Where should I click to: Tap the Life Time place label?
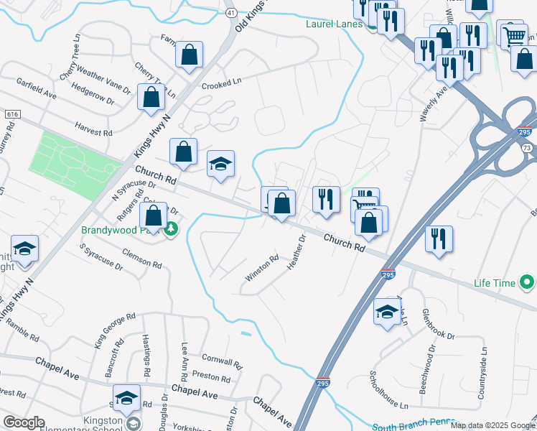point(494,284)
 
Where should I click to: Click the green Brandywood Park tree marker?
point(170,230)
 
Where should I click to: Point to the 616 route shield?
point(12,114)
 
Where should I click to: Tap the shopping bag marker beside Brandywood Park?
point(154,214)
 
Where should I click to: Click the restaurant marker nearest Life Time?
point(439,238)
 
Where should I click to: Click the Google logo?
point(24,422)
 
